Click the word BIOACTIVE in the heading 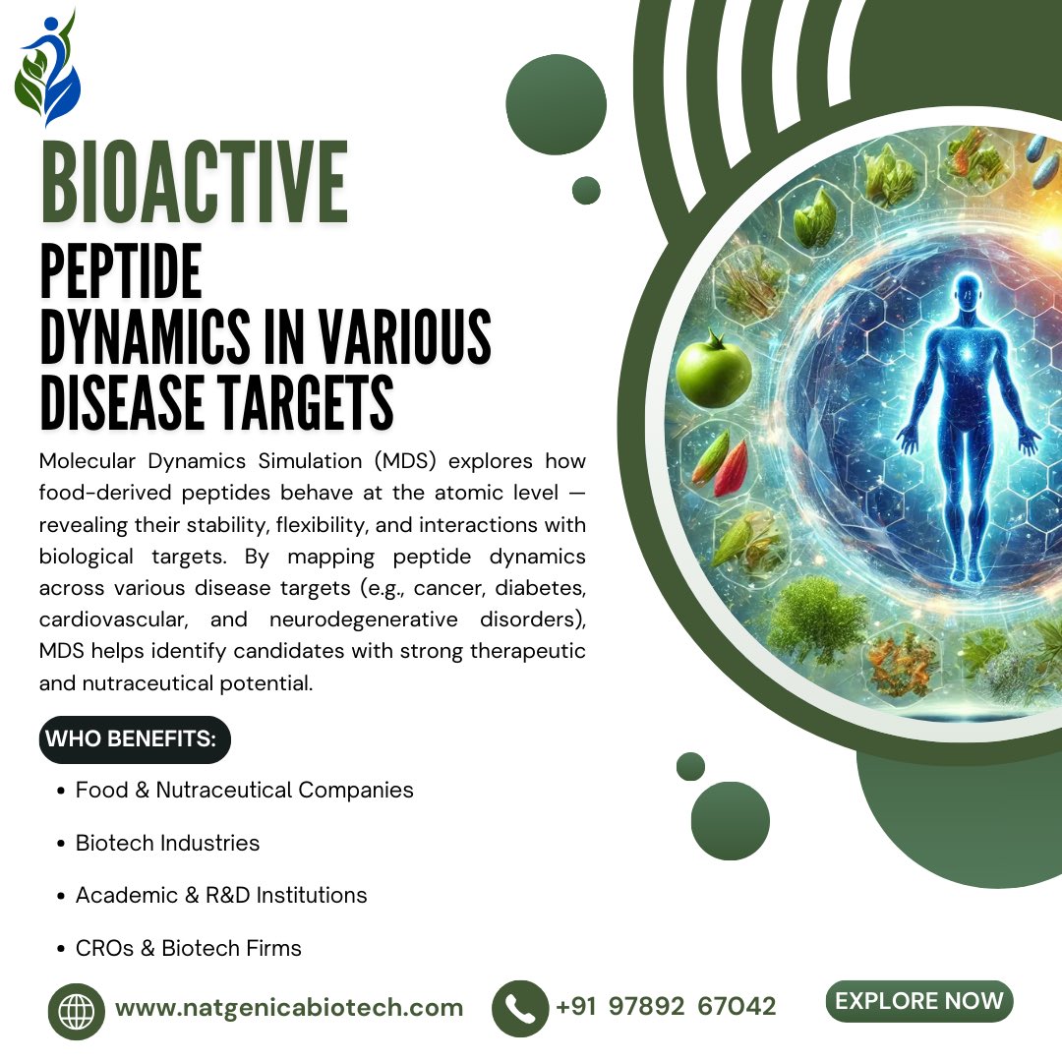[194, 184]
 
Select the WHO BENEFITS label [135, 739]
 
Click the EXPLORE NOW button [919, 1001]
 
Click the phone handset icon [519, 1008]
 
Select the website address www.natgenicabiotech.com [289, 1008]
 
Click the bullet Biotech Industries [167, 843]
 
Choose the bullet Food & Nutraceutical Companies [244, 790]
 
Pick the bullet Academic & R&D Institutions [221, 895]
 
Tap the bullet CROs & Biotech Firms [188, 948]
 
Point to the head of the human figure [969, 292]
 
